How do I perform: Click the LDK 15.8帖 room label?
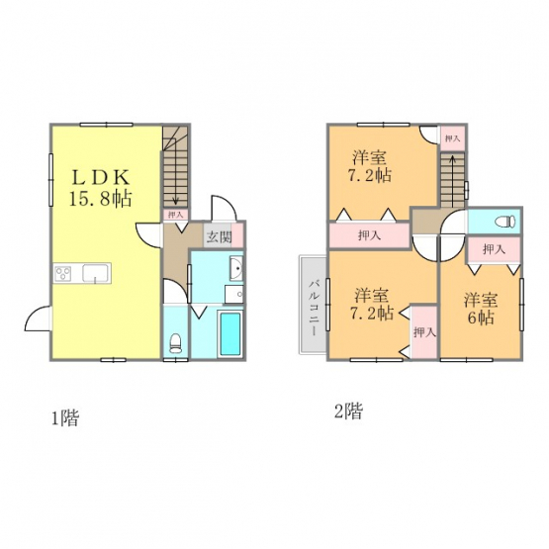click(x=101, y=188)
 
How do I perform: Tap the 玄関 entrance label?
click(x=219, y=237)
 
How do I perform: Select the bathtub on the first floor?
click(x=230, y=334)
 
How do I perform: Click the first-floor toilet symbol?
click(x=175, y=343)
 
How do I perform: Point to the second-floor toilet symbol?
click(x=505, y=222)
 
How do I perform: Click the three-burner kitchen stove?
click(x=63, y=273)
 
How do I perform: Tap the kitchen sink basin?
click(x=96, y=273)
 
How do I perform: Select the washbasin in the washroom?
click(x=236, y=268)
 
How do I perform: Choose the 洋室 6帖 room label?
click(x=481, y=310)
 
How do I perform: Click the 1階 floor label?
click(x=65, y=417)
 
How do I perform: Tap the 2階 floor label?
click(x=348, y=412)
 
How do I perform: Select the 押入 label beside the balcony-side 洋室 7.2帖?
click(x=424, y=332)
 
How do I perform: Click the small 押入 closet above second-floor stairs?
click(x=452, y=138)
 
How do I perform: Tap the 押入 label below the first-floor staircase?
click(x=175, y=215)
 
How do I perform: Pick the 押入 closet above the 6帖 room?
click(x=494, y=249)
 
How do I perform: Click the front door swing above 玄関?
click(x=224, y=208)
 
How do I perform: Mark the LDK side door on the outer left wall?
click(x=38, y=318)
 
